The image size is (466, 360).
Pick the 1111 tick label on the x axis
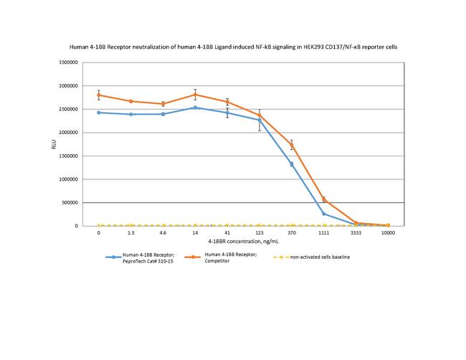pos(324,234)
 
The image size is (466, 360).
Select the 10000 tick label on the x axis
pos(388,234)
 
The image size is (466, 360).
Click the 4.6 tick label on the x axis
pos(163,234)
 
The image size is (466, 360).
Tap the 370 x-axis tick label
pos(292,234)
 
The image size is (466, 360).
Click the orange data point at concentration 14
pos(196,95)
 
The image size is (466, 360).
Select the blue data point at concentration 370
pos(292,164)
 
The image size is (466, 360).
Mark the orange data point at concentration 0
pos(99,95)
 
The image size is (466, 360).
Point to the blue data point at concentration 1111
pos(324,214)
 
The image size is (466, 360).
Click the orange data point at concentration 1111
pos(324,199)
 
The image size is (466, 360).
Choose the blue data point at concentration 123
pos(260,120)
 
